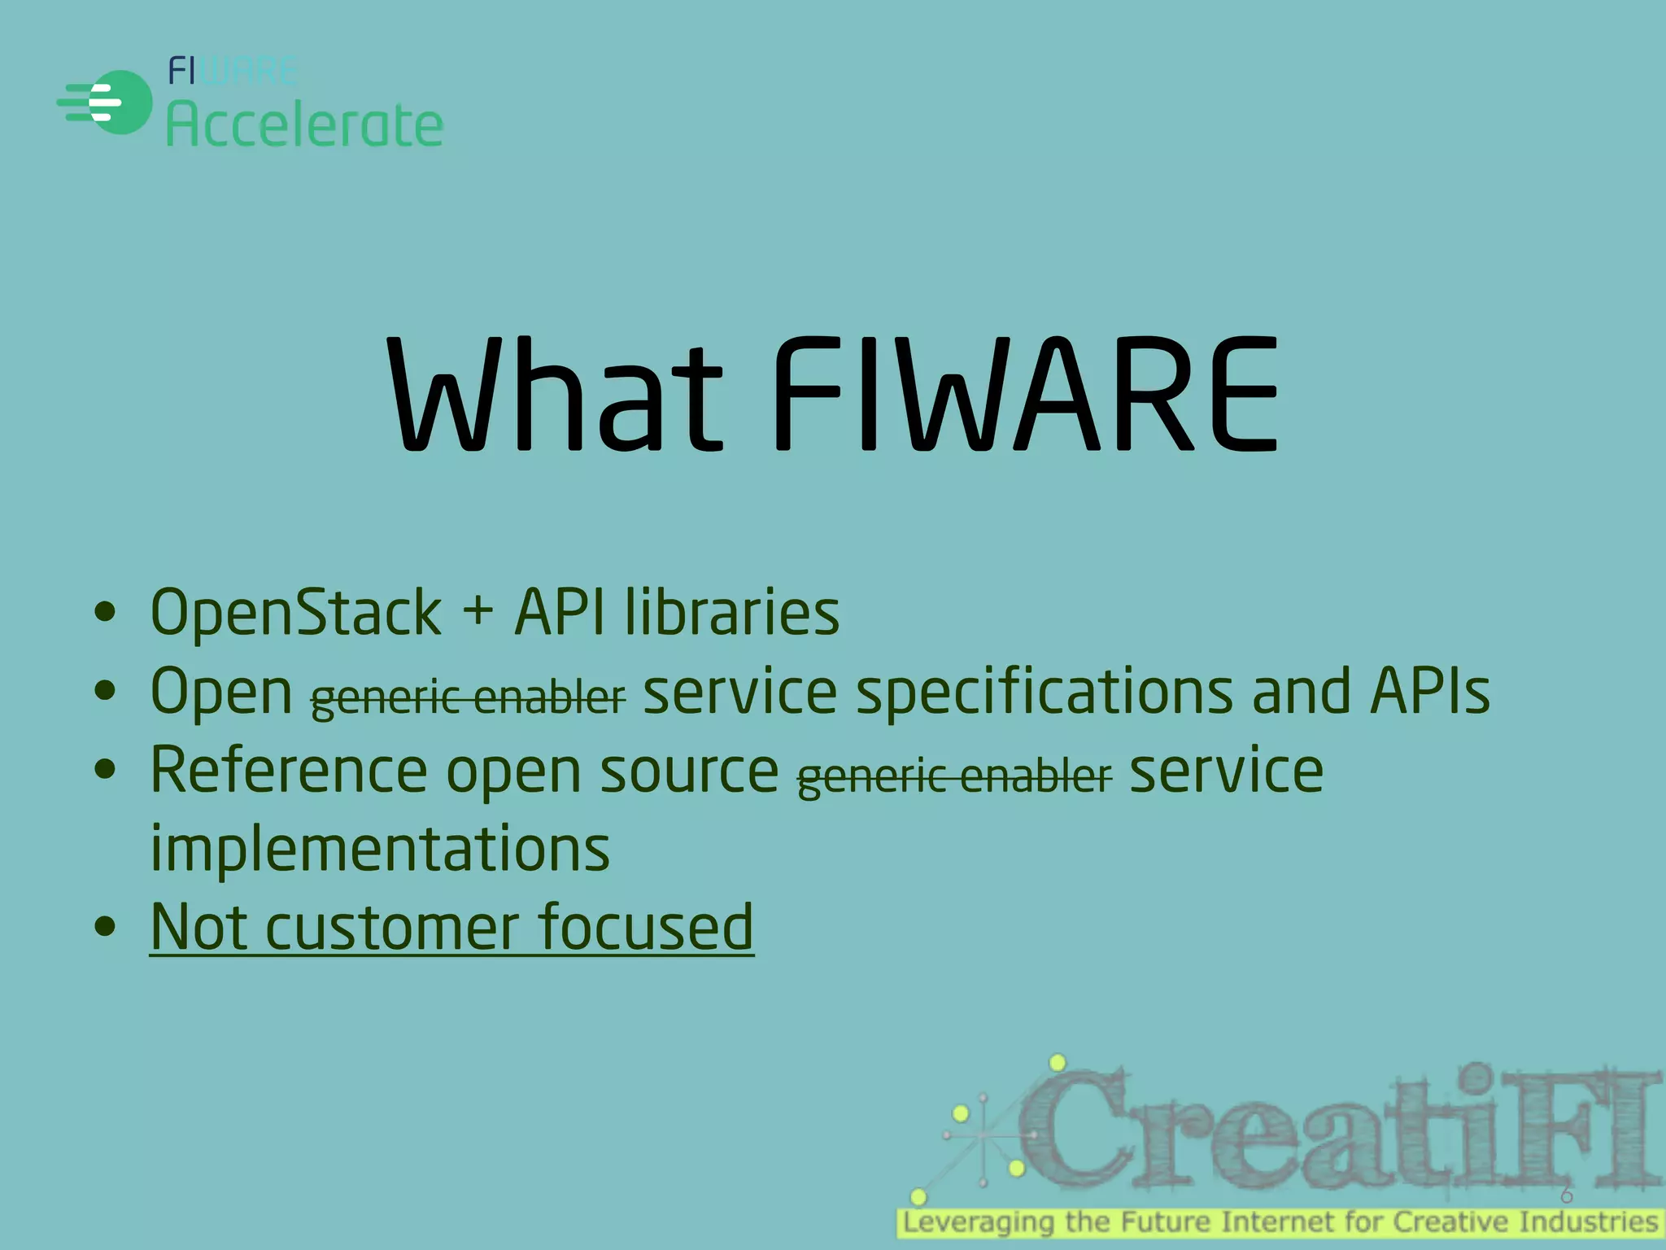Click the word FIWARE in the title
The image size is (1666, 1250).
pyautogui.click(x=1025, y=396)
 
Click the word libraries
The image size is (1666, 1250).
pyautogui.click(x=732, y=612)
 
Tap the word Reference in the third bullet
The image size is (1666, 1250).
pyautogui.click(x=289, y=770)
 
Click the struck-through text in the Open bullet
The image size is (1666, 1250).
pyautogui.click(x=468, y=697)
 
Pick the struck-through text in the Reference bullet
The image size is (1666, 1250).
pyautogui.click(x=953, y=776)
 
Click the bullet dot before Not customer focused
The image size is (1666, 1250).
pyautogui.click(x=105, y=926)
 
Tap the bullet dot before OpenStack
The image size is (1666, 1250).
pyautogui.click(x=105, y=612)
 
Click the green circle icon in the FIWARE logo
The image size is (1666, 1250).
pyautogui.click(x=120, y=103)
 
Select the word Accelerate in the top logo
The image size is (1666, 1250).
pyautogui.click(x=304, y=125)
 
